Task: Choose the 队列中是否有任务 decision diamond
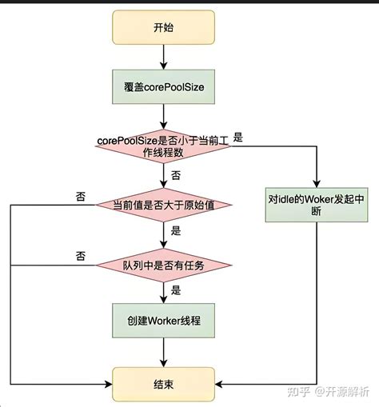tap(163, 263)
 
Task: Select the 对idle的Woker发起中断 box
tap(317, 203)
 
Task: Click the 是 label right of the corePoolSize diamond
tap(238, 138)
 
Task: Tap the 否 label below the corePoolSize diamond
tap(175, 174)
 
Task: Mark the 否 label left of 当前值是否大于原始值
tap(80, 197)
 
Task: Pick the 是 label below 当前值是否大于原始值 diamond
tap(175, 232)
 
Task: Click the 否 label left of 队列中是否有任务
tap(80, 256)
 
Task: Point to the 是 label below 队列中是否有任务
tap(175, 290)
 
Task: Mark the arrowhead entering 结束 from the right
tap(221, 384)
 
